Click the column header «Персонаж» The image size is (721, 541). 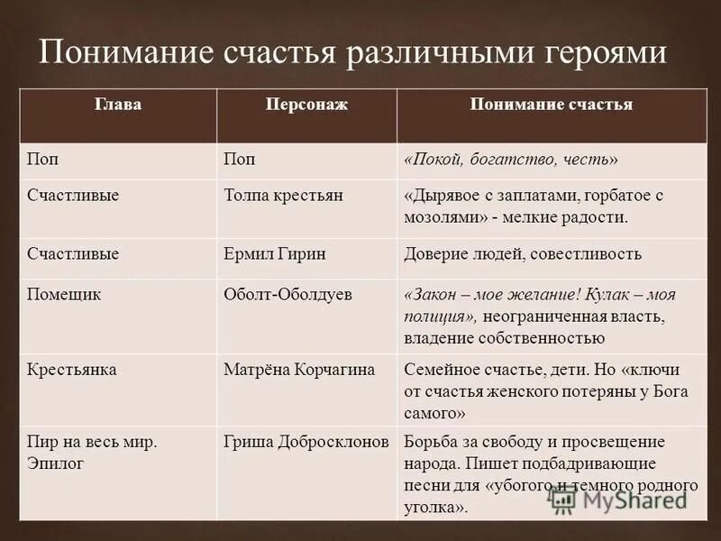pos(306,105)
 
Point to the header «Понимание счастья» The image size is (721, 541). pos(552,105)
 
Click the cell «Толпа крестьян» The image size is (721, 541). pos(282,195)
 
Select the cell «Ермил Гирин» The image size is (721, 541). pos(274,253)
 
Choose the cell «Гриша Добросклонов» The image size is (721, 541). pos(306,442)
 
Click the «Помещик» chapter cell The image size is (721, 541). pos(63,295)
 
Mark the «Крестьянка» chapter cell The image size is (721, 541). pos(71,370)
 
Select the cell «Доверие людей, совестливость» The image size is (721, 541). pos(523,253)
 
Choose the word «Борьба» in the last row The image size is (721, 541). pos(430,442)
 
